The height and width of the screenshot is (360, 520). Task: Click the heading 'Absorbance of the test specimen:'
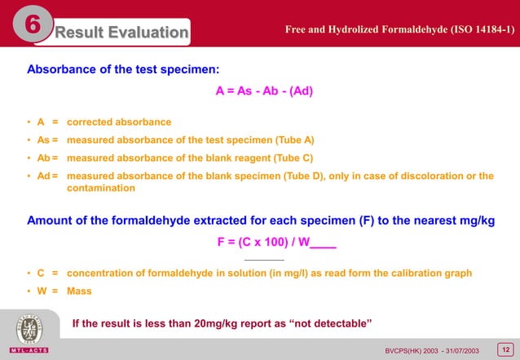(123, 68)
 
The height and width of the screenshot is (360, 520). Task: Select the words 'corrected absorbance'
(119, 122)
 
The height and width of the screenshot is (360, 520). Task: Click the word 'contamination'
(101, 188)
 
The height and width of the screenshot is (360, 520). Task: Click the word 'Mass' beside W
(79, 291)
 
